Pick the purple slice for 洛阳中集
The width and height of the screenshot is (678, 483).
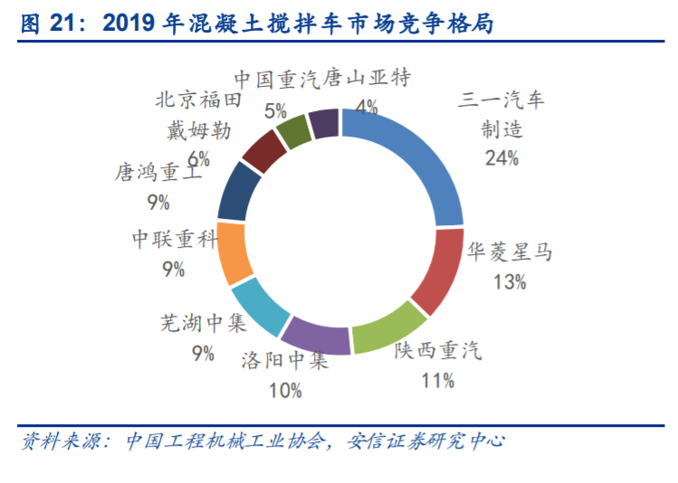[x=315, y=335]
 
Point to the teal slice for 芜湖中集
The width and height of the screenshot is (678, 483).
[x=257, y=304]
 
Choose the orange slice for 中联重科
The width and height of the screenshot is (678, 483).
[x=234, y=252]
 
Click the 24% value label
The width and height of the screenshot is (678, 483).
[x=501, y=158]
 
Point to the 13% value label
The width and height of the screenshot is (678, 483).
[x=510, y=282]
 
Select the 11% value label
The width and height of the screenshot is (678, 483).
[x=437, y=381]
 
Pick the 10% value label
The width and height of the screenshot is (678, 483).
[x=285, y=391]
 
